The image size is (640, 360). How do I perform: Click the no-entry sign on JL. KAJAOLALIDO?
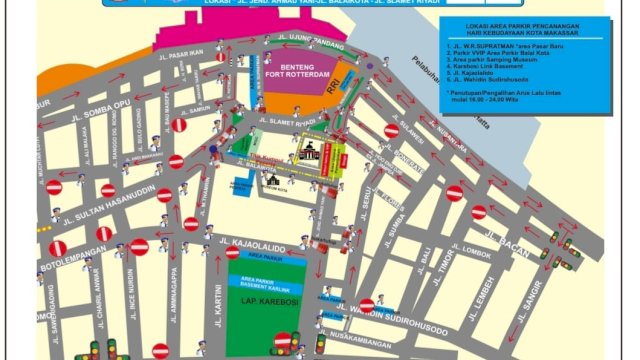coord(232,252)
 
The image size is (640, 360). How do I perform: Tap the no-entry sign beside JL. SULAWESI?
coord(392,131)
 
